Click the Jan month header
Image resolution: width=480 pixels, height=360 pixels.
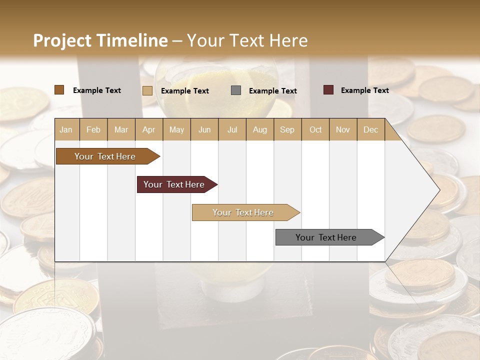tap(66, 130)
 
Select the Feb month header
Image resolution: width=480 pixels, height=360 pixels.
tap(93, 130)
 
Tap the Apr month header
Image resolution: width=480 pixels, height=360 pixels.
tap(148, 130)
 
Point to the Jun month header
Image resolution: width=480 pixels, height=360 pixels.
tap(204, 130)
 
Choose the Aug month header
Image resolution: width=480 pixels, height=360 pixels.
tap(260, 130)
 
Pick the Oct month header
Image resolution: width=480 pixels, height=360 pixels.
tap(315, 130)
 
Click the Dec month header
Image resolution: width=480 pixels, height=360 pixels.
tap(370, 130)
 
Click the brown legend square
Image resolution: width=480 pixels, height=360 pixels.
tap(59, 90)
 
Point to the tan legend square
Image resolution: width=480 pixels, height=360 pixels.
tap(147, 90)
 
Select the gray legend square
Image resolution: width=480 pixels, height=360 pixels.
tap(236, 90)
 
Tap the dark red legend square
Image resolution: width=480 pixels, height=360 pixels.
tap(328, 90)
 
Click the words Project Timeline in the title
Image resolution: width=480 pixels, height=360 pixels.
tap(100, 40)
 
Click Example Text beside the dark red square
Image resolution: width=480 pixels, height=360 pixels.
tap(364, 90)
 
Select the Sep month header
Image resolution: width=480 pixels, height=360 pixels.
tap(287, 130)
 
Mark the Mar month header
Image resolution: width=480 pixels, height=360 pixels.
tap(121, 130)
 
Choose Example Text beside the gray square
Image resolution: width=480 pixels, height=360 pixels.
tap(272, 91)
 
